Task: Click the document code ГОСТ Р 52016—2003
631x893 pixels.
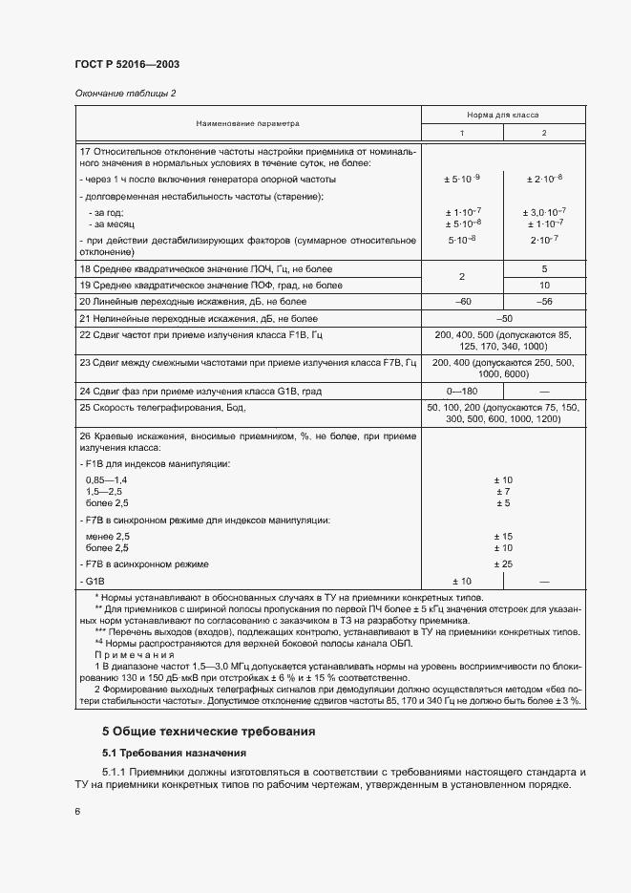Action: (127, 64)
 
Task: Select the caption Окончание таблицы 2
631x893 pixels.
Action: (125, 93)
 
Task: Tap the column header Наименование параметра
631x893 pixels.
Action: (248, 123)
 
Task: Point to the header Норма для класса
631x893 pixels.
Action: (503, 114)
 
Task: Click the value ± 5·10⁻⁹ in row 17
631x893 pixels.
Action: (462, 179)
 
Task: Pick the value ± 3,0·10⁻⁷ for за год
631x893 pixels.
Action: (544, 211)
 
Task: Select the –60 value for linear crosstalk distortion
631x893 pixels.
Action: (462, 301)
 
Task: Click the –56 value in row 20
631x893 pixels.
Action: (544, 301)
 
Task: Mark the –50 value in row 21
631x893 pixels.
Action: (503, 318)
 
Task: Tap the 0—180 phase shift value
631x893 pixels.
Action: (462, 391)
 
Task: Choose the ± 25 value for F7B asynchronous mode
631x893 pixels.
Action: (503, 564)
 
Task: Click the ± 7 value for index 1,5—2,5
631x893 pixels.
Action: (503, 490)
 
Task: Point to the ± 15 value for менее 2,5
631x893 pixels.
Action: (503, 536)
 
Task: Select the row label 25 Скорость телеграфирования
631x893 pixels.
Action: (163, 408)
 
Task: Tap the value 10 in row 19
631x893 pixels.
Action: (544, 285)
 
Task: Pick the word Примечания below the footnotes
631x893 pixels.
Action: (134, 656)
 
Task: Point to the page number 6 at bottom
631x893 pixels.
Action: (77, 812)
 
